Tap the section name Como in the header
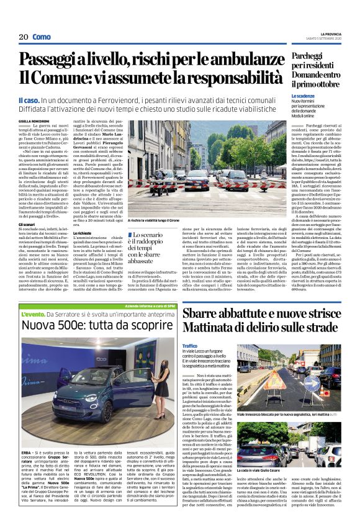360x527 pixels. click(x=41, y=37)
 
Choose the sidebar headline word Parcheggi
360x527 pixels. click(x=307, y=58)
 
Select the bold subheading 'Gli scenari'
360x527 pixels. click(x=27, y=223)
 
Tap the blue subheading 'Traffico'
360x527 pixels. click(x=190, y=346)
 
